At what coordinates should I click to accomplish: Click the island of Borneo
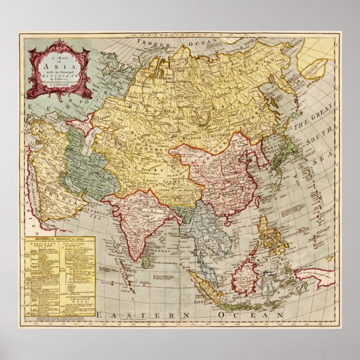coord(247,274)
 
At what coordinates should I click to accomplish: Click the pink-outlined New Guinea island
coord(313,274)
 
